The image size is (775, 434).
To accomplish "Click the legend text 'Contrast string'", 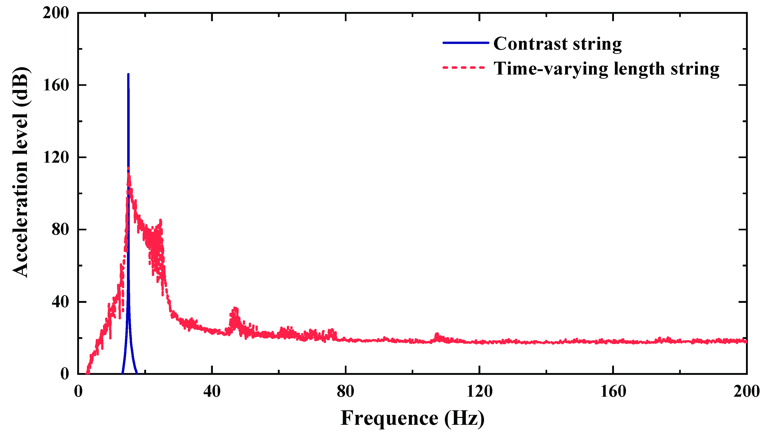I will click(x=558, y=44).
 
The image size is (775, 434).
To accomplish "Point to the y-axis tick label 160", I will click(x=56, y=85).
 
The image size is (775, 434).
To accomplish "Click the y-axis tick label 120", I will click(x=56, y=157).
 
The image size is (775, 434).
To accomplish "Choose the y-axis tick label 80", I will click(x=60, y=229).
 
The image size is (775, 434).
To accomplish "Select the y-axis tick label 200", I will click(x=56, y=13).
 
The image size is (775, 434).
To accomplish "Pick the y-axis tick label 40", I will click(x=60, y=302).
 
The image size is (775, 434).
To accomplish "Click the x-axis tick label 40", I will click(x=212, y=392).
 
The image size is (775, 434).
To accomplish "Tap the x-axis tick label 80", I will click(x=345, y=392).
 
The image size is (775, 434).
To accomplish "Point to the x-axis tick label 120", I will click(x=479, y=392).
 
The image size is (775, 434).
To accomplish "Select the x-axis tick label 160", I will click(x=613, y=392).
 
